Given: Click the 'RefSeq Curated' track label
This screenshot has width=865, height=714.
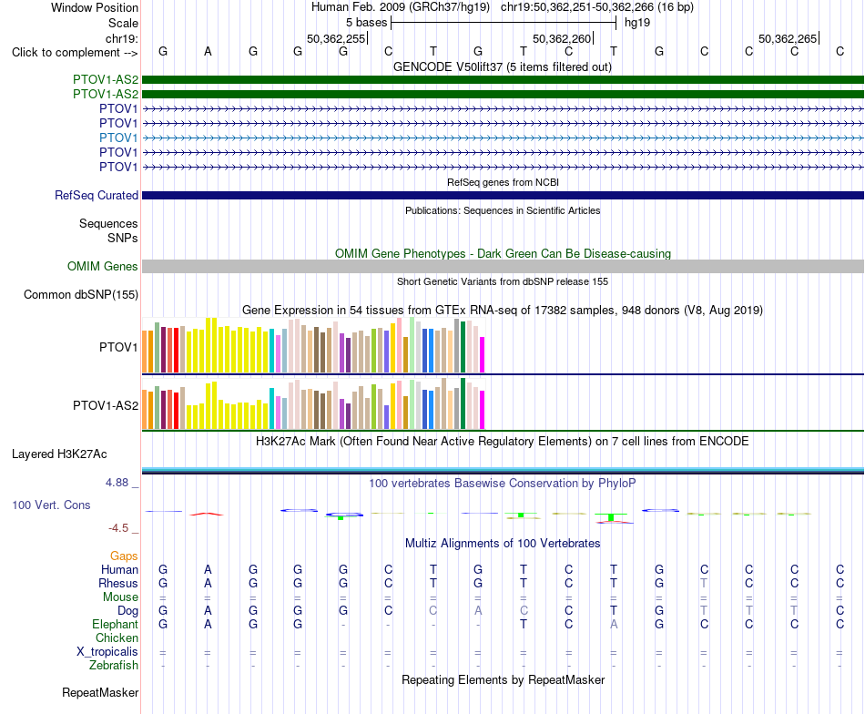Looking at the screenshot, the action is click(97, 195).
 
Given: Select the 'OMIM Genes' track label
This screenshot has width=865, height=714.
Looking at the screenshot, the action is click(103, 266).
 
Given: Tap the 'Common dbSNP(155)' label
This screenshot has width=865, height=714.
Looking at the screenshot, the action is click(80, 295).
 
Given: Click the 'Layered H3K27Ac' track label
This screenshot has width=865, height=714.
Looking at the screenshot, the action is click(59, 454).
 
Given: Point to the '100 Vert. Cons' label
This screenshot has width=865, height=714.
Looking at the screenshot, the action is click(51, 505).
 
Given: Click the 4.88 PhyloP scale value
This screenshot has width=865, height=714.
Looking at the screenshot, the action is click(117, 483).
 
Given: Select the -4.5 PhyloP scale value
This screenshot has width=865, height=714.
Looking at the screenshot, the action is click(118, 528).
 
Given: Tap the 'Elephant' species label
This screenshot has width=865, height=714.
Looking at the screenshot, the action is click(115, 624).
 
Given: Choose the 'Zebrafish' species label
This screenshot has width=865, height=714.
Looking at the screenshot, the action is click(114, 666).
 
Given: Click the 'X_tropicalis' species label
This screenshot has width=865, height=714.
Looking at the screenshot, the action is click(107, 652).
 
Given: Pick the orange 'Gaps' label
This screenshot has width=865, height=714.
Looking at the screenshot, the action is click(124, 556).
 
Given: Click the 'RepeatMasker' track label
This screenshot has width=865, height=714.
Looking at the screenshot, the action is click(100, 692).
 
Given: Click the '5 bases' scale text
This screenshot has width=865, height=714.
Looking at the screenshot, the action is click(366, 23).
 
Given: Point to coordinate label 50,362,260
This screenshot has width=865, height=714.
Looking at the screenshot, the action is click(562, 38).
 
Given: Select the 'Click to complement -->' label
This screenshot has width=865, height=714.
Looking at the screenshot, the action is click(75, 53).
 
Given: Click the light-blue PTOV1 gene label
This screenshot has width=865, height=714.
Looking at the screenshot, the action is click(118, 138).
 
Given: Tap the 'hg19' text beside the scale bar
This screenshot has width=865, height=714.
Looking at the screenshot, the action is click(637, 23).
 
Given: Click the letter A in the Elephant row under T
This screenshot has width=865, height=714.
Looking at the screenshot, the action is click(614, 624).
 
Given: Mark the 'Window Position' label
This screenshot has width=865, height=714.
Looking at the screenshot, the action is click(95, 7).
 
